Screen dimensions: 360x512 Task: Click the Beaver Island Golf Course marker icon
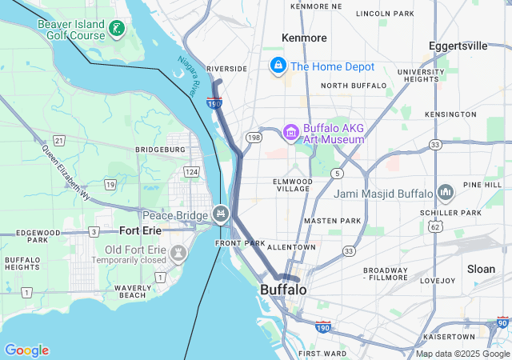pos(117,29)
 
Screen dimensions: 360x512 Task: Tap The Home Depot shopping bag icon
pos(278,65)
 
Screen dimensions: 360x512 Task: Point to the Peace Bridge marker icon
pos(221,214)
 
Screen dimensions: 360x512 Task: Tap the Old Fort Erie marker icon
pos(178,253)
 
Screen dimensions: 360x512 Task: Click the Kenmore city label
pos(304,38)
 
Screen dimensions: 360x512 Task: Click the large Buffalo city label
pos(283,289)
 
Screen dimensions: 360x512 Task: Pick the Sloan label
pos(482,269)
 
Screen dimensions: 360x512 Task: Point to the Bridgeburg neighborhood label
pos(160,149)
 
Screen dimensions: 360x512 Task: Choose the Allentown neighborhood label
pos(291,247)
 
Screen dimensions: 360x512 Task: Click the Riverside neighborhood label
pos(226,69)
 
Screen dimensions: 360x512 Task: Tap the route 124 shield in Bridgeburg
pos(190,172)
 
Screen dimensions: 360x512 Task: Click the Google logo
pos(26,350)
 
